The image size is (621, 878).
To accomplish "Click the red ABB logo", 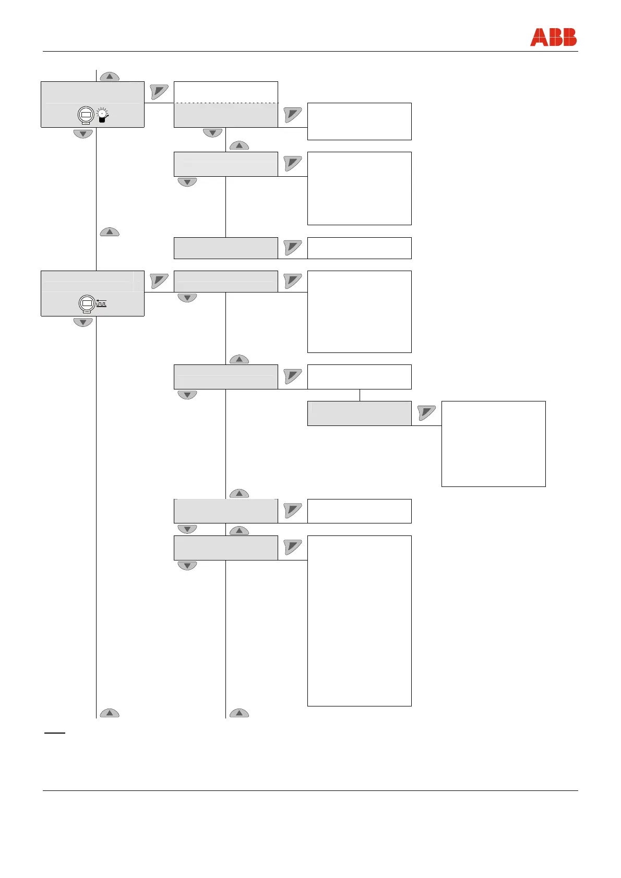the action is pos(553,38).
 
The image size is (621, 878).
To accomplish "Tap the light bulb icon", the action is pos(103,115).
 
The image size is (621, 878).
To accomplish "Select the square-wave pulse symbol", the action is pos(101,303).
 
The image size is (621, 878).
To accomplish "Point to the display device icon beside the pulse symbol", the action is pos(87,303).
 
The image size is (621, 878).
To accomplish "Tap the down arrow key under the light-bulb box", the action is pos(83,134).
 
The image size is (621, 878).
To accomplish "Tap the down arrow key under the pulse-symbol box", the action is pos(83,322).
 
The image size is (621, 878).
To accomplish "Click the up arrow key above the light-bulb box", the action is pos(110,77).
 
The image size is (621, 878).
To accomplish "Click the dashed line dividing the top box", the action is pos(225,103).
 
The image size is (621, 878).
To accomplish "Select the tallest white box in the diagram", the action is pos(359,620).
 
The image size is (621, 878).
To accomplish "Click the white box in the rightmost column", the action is pos(493,444).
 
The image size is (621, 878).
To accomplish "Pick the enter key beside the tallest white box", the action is pos(293,547).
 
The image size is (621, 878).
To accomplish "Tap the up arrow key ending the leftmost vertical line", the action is pos(110,713).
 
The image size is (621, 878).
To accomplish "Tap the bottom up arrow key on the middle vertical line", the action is pos(239,713).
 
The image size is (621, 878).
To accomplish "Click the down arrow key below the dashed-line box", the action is pos(212,133).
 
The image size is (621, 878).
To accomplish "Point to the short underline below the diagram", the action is pos(54,733).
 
